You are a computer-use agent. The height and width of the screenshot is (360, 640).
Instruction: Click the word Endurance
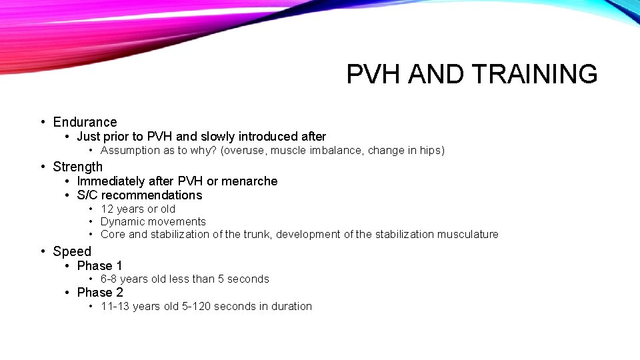(x=85, y=122)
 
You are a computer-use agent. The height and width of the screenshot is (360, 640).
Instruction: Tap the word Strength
(x=78, y=167)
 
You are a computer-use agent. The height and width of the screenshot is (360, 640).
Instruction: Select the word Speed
(x=72, y=251)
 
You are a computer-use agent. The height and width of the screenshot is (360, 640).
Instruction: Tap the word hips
(x=430, y=151)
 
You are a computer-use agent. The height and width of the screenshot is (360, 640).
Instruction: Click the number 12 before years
(x=107, y=209)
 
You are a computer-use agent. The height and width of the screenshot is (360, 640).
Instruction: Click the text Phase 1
(x=100, y=265)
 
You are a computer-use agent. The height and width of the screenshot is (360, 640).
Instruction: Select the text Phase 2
(x=100, y=293)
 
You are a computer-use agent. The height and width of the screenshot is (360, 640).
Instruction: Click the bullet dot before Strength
(x=43, y=167)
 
